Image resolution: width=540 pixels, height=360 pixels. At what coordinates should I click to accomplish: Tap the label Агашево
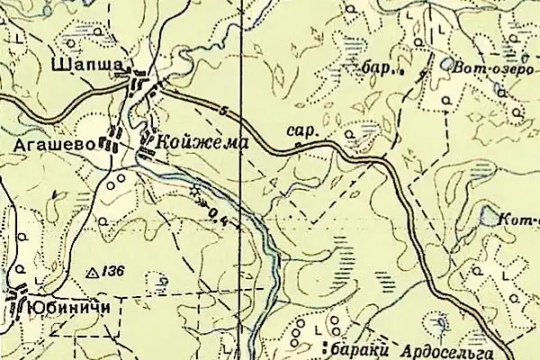[x=45, y=143]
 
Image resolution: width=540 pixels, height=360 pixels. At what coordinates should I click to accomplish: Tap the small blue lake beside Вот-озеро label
[x=447, y=64]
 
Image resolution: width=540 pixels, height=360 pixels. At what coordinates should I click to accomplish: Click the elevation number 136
[x=111, y=270]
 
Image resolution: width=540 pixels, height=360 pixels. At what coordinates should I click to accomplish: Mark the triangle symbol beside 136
[x=90, y=271]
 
